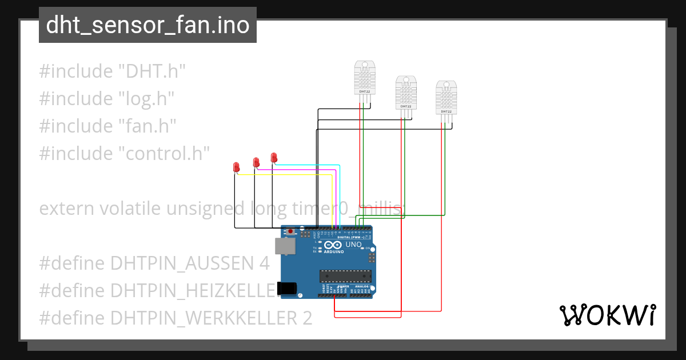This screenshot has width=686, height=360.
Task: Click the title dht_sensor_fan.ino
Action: pyautogui.click(x=147, y=25)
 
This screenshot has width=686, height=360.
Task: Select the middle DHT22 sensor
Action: pyautogui.click(x=405, y=93)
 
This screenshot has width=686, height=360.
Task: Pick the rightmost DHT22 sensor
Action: pyautogui.click(x=446, y=98)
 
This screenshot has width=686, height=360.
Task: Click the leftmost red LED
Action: pyautogui.click(x=236, y=167)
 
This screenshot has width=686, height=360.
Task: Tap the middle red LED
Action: pyautogui.click(x=256, y=162)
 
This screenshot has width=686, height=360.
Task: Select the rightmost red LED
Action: pyautogui.click(x=274, y=157)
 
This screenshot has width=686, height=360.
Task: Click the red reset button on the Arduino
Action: pyautogui.click(x=290, y=231)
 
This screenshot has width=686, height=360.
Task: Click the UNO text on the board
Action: pyautogui.click(x=353, y=245)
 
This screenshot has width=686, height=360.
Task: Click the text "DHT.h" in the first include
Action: pyautogui.click(x=151, y=71)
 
